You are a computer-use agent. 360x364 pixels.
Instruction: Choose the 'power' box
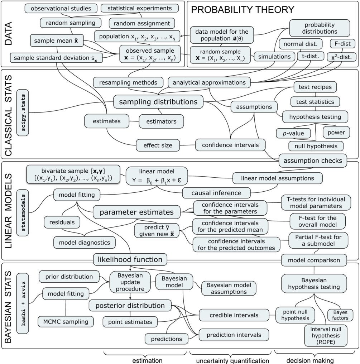(x=334, y=133)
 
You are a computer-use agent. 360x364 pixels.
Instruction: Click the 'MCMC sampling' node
(x=64, y=321)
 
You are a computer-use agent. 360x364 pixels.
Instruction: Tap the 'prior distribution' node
(x=69, y=277)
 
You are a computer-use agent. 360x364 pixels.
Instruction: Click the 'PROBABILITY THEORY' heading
(x=243, y=10)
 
